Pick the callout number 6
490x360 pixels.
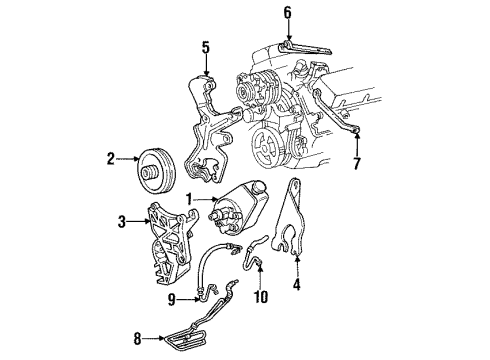[x=287, y=12]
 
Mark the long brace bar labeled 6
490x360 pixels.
[x=300, y=46]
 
